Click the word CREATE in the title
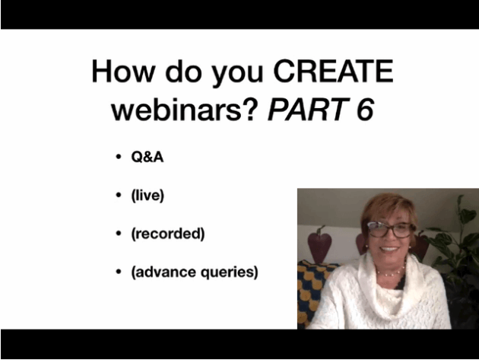[333, 71]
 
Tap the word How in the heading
[122, 72]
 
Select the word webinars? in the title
[182, 109]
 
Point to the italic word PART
[309, 109]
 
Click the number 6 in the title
[365, 109]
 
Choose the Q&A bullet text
[148, 157]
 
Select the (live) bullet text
[148, 196]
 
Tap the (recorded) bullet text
[168, 234]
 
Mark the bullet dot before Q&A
[119, 158]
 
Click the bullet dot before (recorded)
[119, 234]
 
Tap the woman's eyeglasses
[392, 230]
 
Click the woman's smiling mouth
[389, 249]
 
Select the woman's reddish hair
[389, 208]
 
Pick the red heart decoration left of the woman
[319, 244]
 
